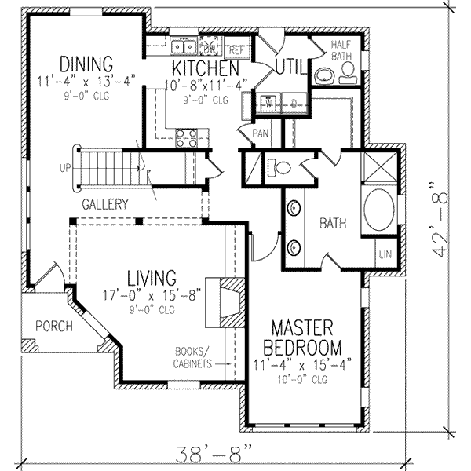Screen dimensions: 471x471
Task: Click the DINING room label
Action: click(x=86, y=63)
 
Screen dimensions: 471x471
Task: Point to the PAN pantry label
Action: click(x=261, y=133)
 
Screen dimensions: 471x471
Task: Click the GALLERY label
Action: click(x=104, y=204)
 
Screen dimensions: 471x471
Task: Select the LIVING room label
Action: click(x=152, y=277)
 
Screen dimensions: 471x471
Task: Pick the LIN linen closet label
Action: click(x=385, y=255)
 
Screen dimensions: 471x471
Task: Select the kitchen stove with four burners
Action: click(x=187, y=138)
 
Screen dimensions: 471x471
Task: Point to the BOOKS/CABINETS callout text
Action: click(x=192, y=358)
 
